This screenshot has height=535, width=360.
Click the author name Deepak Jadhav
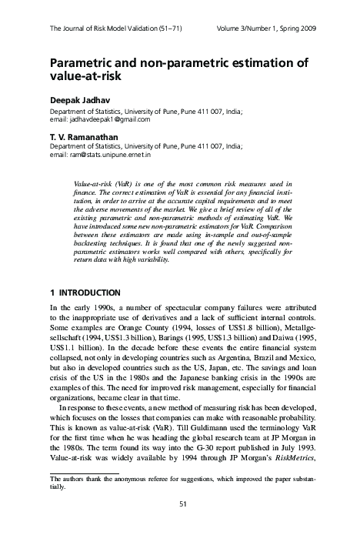75,99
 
